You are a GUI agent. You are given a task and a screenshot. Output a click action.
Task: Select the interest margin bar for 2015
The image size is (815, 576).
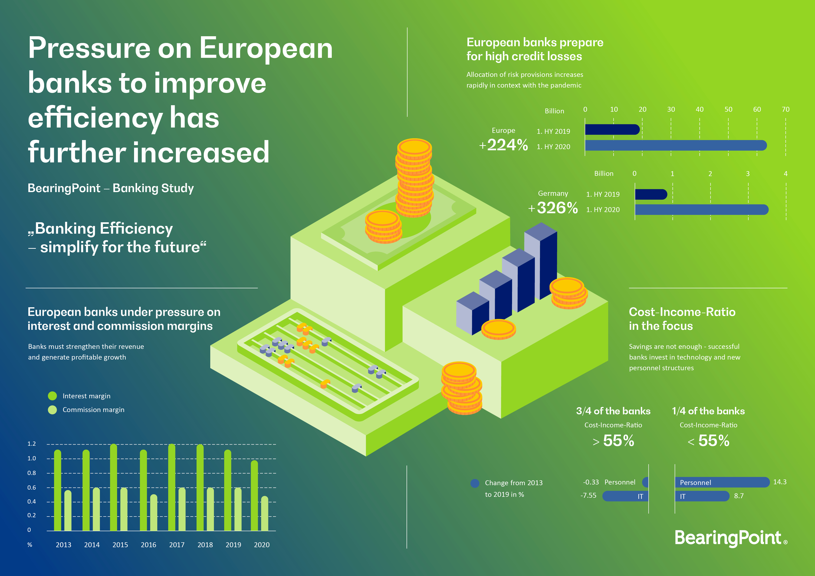click(x=114, y=488)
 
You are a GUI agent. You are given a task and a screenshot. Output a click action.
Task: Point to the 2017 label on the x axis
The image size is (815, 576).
click(x=177, y=545)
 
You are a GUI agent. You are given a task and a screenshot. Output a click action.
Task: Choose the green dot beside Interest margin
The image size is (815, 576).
click(x=52, y=396)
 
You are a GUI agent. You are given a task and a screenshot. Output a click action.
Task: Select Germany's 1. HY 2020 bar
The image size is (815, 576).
click(x=701, y=210)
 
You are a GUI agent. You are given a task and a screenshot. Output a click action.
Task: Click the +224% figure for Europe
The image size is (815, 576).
click(x=503, y=145)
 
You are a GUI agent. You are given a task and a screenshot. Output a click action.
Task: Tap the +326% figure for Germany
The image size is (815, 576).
click(x=553, y=208)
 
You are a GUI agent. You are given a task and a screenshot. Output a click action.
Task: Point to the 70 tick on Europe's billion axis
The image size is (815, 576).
click(x=785, y=109)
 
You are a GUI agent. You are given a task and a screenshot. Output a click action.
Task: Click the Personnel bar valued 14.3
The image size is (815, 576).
click(x=722, y=482)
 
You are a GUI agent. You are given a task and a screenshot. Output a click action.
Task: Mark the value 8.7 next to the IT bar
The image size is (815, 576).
click(x=739, y=496)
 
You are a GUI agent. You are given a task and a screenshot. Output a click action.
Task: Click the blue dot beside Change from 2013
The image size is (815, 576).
click(x=475, y=483)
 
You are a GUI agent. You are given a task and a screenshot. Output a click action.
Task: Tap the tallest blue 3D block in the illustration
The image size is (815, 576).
click(x=541, y=261)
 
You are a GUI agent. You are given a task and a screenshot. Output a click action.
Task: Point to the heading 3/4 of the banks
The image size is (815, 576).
click(x=613, y=411)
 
